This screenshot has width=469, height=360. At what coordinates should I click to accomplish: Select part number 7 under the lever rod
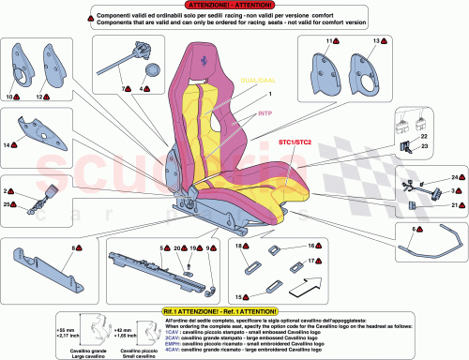pyautogui.click(x=122, y=88)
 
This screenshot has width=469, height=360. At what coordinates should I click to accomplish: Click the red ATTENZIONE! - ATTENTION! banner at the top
pyautogui.click(x=234, y=5)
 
